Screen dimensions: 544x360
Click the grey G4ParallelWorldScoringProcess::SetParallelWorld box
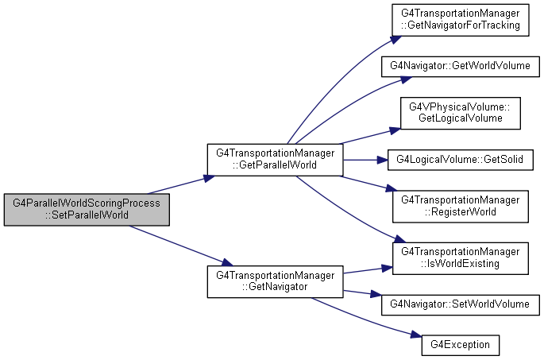pos(87,210)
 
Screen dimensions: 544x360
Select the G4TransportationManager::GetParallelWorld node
pos(275,160)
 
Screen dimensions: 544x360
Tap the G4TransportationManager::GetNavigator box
pos(275,281)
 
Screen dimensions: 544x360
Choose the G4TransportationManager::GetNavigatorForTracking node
pos(461,20)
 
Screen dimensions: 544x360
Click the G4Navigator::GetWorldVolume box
pos(461,66)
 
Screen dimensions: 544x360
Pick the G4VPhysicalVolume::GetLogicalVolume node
pos(461,113)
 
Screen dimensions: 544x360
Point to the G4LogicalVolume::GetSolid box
pos(461,160)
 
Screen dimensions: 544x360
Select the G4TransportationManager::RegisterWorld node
pos(461,207)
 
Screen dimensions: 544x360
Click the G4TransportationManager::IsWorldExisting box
pos(461,258)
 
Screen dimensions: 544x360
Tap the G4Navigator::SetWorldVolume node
pos(461,305)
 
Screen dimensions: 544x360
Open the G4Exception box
pos(461,345)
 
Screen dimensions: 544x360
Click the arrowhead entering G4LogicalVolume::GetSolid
pos(382,160)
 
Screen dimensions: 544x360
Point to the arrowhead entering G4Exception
pos(416,335)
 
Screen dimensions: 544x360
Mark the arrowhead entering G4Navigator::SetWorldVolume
pos(376,294)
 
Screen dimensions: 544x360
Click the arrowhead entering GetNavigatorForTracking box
pos(396,39)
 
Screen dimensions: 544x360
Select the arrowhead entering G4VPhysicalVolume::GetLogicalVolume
pos(395,130)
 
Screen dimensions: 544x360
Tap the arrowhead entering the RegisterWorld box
pos(391,188)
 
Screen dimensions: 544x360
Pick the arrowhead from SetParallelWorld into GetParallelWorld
pos(209,178)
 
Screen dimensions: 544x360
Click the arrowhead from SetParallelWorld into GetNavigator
pos(227,262)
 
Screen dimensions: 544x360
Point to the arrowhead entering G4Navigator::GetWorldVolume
pos(407,79)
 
